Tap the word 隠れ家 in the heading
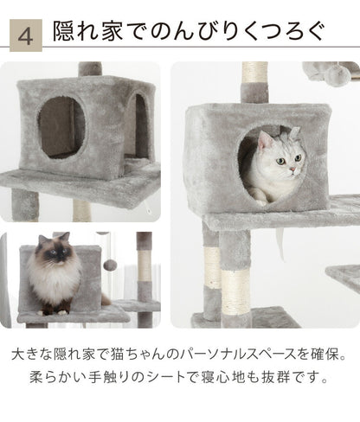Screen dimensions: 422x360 (x=89, y=35)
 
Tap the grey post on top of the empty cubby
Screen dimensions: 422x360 (x=86, y=69)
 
